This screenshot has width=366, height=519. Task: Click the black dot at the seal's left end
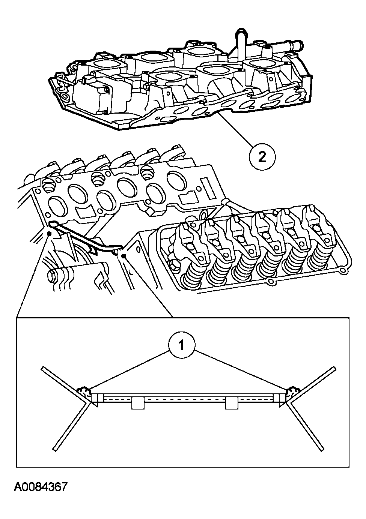click(x=49, y=233)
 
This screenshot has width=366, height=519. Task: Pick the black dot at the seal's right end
click(x=123, y=256)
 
